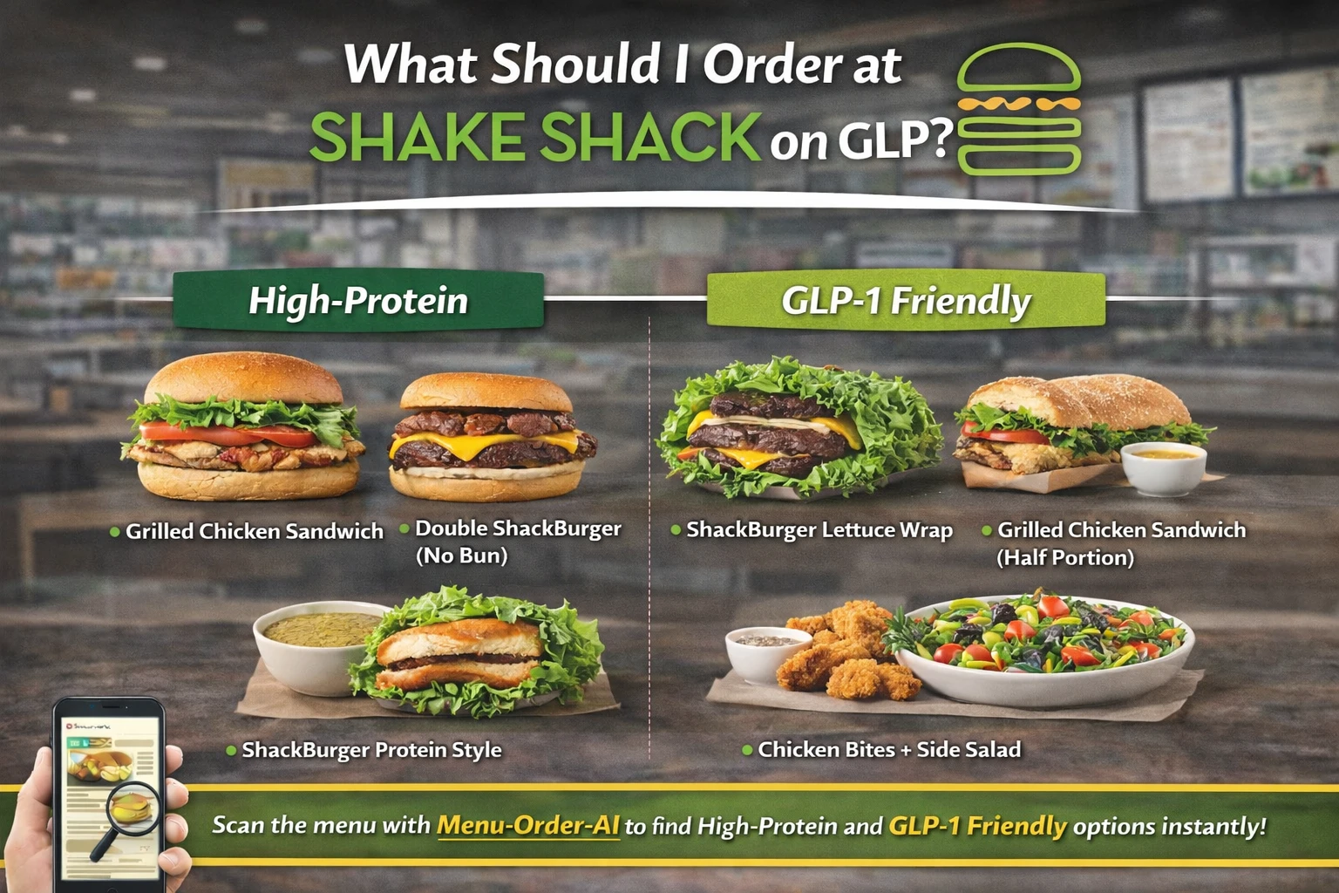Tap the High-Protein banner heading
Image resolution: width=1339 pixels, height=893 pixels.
click(358, 301)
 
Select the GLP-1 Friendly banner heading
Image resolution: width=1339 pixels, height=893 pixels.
click(906, 301)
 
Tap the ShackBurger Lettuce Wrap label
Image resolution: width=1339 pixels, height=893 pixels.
click(819, 530)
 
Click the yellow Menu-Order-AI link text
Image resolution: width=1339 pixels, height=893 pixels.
click(528, 825)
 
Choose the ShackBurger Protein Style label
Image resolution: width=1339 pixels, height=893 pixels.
click(371, 750)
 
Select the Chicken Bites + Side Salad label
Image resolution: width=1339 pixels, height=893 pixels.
click(889, 750)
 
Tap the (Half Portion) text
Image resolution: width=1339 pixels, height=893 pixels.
click(1065, 557)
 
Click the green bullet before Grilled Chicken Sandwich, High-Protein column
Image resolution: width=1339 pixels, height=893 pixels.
click(115, 532)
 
